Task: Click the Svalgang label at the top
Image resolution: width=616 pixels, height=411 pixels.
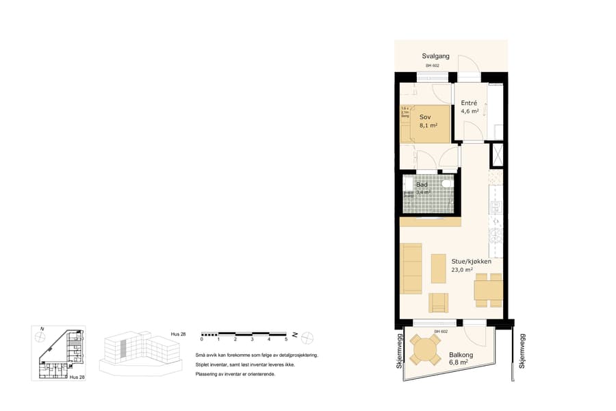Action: (x=435, y=56)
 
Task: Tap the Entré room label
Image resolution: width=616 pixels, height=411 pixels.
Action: (x=470, y=103)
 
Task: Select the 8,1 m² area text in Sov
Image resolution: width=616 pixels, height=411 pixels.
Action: (x=428, y=126)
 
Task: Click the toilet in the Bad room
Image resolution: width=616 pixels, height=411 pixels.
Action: (x=446, y=184)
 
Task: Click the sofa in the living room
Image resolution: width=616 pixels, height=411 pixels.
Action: (x=411, y=268)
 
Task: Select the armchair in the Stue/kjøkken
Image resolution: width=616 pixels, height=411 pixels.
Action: (x=438, y=302)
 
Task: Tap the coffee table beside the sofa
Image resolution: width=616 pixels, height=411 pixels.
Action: (x=438, y=268)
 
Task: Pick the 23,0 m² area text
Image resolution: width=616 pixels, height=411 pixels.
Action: (x=463, y=270)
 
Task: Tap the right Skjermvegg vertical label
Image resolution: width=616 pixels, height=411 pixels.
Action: (x=522, y=352)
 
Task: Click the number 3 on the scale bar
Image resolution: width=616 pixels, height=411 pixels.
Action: (x=252, y=340)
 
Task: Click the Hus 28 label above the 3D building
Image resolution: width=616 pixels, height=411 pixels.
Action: (x=178, y=334)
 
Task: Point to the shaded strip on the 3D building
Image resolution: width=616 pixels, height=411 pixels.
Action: (x=124, y=348)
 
